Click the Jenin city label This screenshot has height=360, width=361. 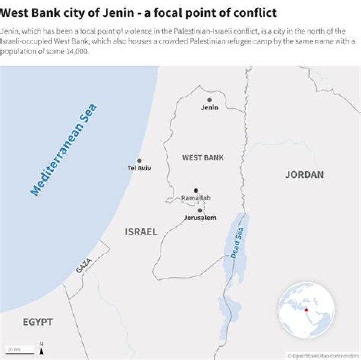(x=210, y=107)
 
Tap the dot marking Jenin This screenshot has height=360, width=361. (x=209, y=100)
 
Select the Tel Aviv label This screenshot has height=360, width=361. (x=139, y=168)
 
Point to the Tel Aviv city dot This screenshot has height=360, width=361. (x=139, y=161)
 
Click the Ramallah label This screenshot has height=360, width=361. (x=196, y=198)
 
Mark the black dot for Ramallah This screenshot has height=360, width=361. (x=196, y=191)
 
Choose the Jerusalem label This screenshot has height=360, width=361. (x=200, y=218)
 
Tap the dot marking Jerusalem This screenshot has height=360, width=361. (x=200, y=210)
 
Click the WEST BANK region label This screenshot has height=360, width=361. (x=203, y=158)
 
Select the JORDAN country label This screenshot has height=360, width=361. (x=304, y=175)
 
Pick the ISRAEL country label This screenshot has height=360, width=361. (x=141, y=232)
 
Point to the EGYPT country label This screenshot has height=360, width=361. (x=38, y=322)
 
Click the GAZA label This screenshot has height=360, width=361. (x=84, y=265)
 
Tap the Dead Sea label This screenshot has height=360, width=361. (x=237, y=243)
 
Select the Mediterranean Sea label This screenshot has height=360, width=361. (x=64, y=149)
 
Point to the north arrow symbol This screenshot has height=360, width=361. (x=41, y=347)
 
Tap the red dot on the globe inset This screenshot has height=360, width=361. (x=306, y=310)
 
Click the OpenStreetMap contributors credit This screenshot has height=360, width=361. (x=323, y=355)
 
